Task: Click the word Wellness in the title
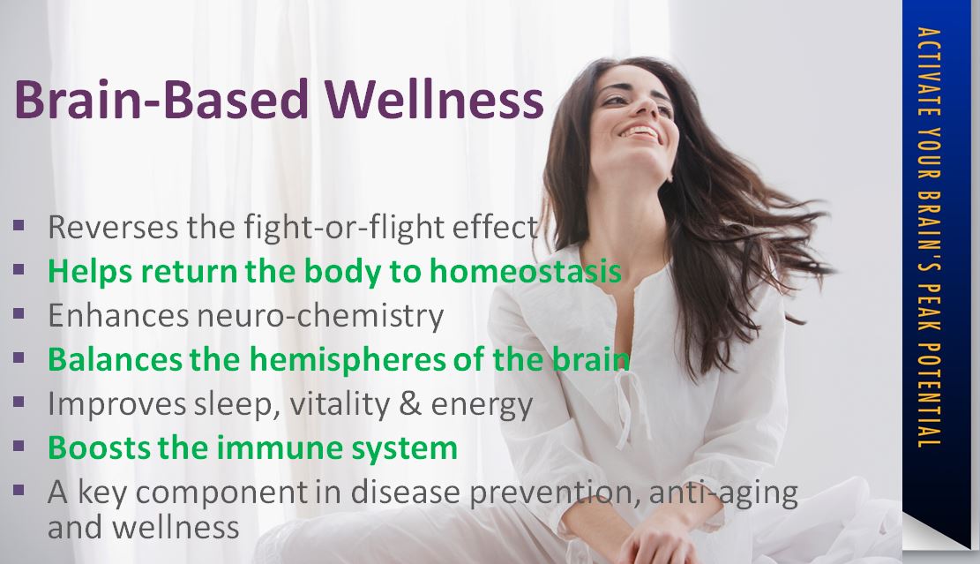point(434,99)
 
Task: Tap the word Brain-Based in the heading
point(161,99)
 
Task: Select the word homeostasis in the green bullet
point(526,271)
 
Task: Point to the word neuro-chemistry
point(320,316)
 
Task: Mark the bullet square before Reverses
point(19,225)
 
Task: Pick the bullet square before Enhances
point(19,313)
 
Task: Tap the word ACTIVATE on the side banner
point(930,71)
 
